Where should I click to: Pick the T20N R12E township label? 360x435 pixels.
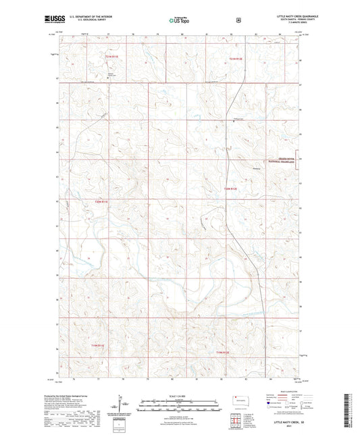(231, 189)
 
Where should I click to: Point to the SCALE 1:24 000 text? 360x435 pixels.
(179, 395)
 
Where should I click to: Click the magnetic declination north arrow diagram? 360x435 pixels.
(124, 405)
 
